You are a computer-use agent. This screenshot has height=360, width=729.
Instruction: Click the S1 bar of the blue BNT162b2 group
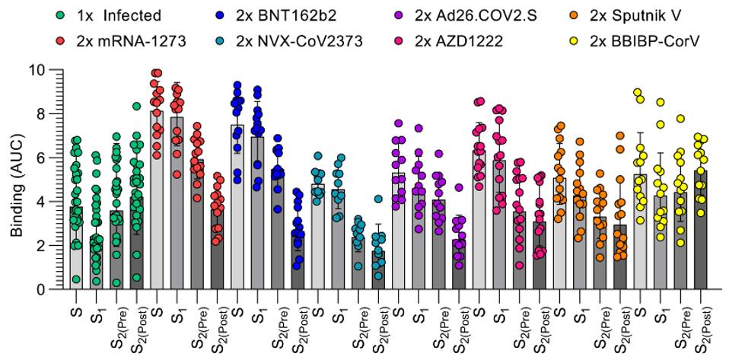[x=258, y=213]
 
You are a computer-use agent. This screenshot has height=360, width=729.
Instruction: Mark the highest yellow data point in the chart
[x=638, y=92]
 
